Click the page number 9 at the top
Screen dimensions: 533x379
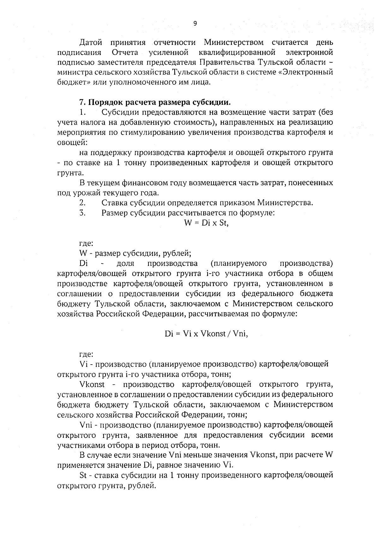pyautogui.click(x=195, y=23)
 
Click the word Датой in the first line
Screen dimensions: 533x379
pyautogui.click(x=91, y=42)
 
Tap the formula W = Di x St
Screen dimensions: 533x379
pyautogui.click(x=206, y=223)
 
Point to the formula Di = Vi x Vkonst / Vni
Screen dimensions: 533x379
pyautogui.click(x=206, y=334)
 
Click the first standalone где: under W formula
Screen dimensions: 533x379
pyautogui.click(x=86, y=243)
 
